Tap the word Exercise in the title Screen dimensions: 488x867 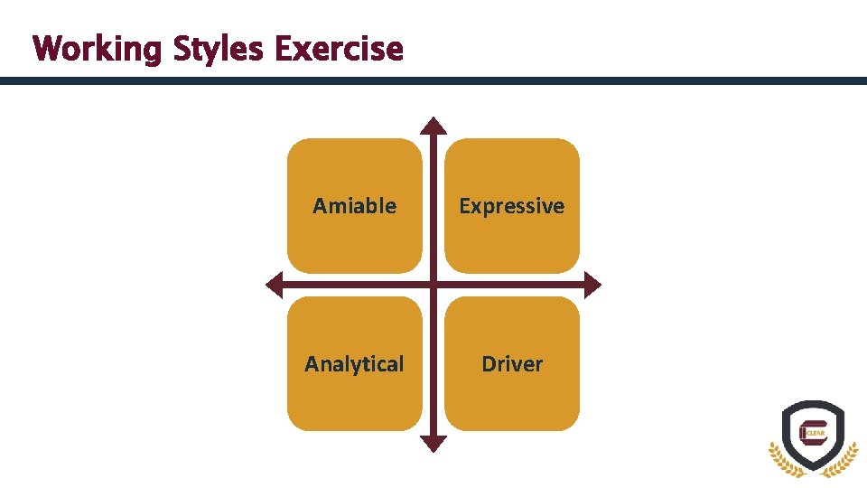point(339,48)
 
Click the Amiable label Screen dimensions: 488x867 point(354,206)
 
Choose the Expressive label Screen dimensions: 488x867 point(511,206)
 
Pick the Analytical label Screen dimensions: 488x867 point(354,364)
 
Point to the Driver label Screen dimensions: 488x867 point(511,364)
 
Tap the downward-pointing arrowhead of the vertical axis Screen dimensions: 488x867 point(434,443)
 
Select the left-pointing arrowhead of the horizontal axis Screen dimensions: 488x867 point(274,286)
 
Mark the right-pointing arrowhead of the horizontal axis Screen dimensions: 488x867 point(592,286)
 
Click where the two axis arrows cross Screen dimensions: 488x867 point(434,286)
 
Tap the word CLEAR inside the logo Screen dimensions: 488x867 point(816,433)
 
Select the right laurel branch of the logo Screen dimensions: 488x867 point(846,456)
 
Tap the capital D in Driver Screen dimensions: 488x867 point(489,364)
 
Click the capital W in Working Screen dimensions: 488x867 point(47,48)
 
